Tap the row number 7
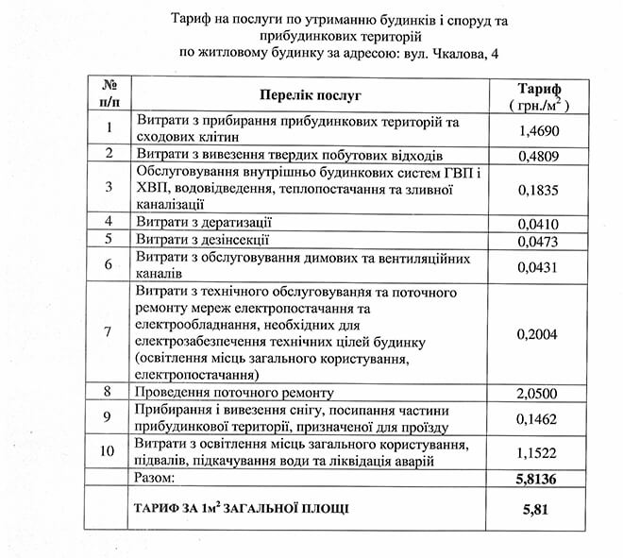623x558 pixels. [109, 332]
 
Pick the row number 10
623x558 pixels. [109, 452]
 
